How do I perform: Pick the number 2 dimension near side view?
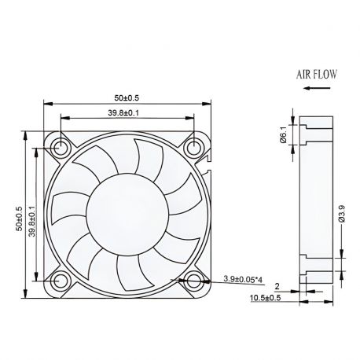tap(277, 287)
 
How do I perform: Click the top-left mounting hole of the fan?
tap(61, 145)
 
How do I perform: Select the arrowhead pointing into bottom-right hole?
tap(186, 278)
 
